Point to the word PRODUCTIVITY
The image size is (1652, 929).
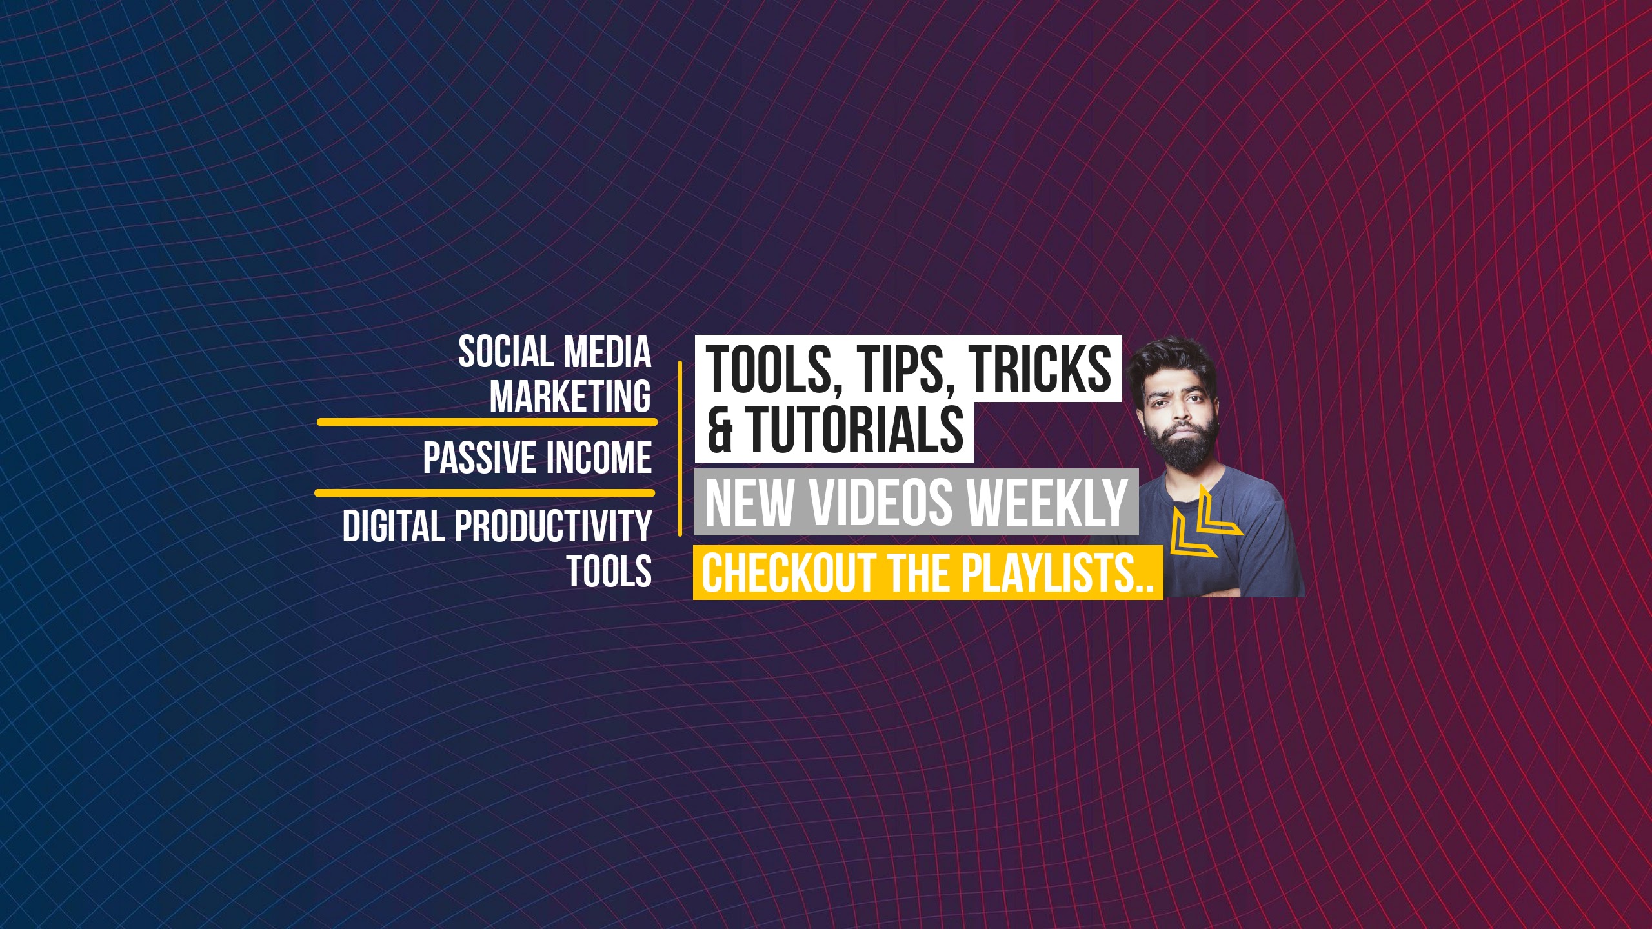tap(553, 526)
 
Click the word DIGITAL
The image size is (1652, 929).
tap(394, 526)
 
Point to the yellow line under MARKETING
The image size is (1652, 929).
tap(487, 422)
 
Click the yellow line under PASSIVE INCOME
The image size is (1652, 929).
tap(485, 493)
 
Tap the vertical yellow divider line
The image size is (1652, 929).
tap(680, 448)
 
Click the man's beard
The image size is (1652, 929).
tap(1184, 443)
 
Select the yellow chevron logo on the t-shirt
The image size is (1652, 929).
tap(1204, 523)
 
